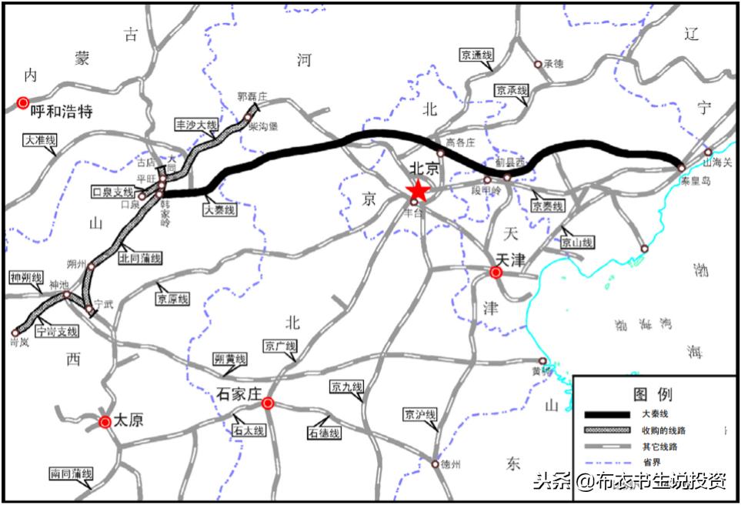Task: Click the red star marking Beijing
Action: (x=418, y=190)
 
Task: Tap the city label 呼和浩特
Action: (x=62, y=112)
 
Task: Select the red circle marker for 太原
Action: (x=105, y=421)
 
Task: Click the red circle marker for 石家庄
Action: (x=268, y=403)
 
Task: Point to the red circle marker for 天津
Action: (x=496, y=272)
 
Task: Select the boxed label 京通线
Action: (x=476, y=55)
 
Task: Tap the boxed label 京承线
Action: (x=512, y=91)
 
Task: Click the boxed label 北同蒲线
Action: (x=140, y=259)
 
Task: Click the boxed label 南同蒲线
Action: (x=71, y=474)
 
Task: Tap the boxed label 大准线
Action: (x=41, y=141)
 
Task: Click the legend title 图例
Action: (x=653, y=394)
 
